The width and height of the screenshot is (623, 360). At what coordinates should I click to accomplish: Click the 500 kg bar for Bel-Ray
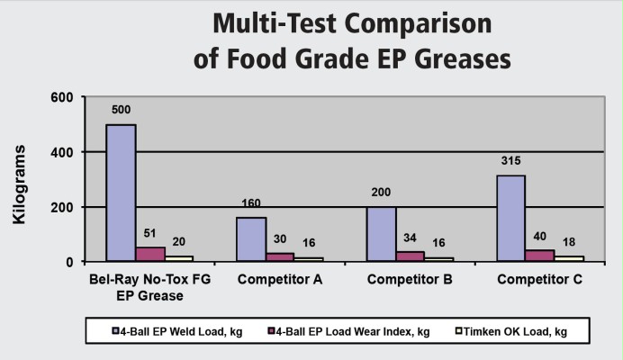point(121,193)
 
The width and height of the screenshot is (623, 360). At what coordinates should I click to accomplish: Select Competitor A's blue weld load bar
point(250,239)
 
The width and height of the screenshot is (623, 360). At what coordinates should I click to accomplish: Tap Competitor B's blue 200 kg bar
point(382,234)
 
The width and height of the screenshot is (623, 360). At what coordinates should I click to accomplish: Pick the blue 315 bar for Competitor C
point(510,218)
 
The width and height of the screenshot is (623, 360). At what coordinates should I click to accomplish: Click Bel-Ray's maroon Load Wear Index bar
point(149,254)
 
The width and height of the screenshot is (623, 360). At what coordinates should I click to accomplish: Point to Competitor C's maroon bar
point(539,256)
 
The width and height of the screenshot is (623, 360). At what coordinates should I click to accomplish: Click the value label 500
point(122,111)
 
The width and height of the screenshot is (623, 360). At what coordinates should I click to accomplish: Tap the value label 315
point(510,162)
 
